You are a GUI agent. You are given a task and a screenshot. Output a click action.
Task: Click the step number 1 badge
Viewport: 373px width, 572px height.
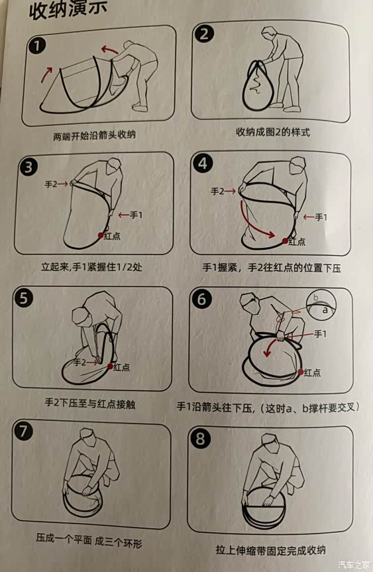coord(37,46)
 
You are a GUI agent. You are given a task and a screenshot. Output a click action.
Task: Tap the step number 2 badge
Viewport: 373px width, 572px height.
coord(204,34)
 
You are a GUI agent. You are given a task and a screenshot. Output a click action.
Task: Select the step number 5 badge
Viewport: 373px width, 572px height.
coord(24,298)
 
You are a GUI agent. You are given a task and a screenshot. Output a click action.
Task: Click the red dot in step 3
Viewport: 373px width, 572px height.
coord(100,235)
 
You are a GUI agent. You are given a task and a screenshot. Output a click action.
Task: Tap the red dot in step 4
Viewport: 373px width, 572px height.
coord(285,241)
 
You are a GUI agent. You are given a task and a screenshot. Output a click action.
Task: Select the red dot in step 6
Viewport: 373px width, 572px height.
coord(300,372)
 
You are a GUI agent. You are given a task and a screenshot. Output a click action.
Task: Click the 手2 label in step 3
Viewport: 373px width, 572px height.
coord(51,184)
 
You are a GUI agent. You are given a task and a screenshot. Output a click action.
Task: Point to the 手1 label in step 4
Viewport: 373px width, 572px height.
coord(321,217)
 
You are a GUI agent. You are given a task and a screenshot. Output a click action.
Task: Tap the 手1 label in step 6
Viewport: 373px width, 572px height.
coord(320,333)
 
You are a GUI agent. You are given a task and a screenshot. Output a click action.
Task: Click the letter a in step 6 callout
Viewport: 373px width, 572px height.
coord(325,310)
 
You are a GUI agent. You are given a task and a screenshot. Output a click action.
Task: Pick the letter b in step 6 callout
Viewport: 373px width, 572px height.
coord(316,298)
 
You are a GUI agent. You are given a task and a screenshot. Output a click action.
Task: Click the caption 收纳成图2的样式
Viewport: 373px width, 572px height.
coord(273,132)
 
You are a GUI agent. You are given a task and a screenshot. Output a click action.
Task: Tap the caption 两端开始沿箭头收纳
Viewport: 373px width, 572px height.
coord(95,135)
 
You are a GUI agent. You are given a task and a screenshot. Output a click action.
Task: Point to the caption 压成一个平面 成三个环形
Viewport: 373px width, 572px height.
coord(89,540)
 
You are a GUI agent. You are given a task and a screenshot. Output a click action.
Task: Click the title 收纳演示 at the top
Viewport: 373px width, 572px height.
coord(68,10)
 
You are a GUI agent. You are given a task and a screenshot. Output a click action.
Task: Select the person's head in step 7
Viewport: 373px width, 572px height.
coord(87,435)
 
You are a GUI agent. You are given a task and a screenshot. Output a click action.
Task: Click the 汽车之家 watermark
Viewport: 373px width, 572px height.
coord(354,565)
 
